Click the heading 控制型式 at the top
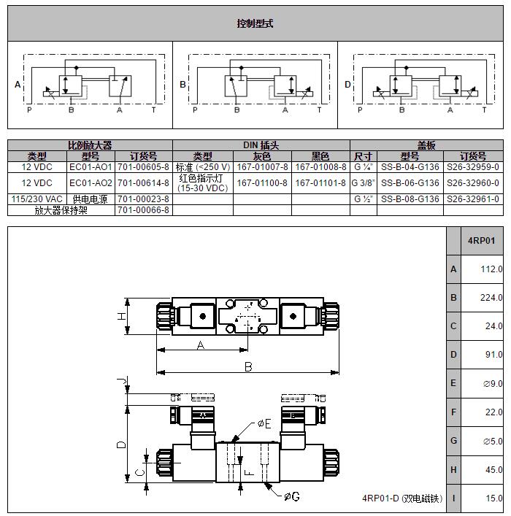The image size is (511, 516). pos(255,23)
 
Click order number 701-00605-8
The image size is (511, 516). pos(143,167)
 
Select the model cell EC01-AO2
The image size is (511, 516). pos(91,183)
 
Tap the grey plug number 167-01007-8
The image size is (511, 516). pos(262,167)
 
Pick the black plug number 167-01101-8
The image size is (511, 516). pos(320,183)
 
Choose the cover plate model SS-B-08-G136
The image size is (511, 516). pos(410,199)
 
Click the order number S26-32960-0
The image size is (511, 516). pos(473,183)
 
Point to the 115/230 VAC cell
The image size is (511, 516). pos(37,199)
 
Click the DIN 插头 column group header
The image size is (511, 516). pos(261,145)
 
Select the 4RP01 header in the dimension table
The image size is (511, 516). pos(481,241)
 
